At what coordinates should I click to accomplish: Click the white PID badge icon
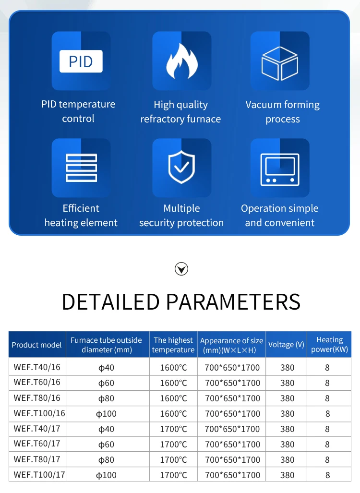pos(81,62)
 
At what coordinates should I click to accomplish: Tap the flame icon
pos(181,61)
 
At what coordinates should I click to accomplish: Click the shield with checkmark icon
pos(181,168)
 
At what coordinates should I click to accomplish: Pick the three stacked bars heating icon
pos(81,168)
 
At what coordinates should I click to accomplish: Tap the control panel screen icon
pos(280,169)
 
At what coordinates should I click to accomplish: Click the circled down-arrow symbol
pos(181,269)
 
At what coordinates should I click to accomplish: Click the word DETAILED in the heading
pos(110,301)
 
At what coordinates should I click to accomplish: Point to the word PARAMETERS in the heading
pos(233,301)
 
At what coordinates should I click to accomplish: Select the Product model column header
pos(36,345)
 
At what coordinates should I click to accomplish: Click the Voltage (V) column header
pos(286,345)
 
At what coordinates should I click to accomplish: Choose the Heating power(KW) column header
pos(329,345)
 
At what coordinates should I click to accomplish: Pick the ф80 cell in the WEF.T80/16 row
pos(106,398)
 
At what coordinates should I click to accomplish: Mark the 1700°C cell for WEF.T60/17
pos(173,445)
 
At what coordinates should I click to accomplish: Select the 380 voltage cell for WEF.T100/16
pos(287,414)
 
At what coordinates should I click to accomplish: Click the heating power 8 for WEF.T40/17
pos(327,429)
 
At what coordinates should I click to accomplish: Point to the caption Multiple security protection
pos(181,216)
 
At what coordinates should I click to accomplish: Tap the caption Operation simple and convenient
pos(280,216)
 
